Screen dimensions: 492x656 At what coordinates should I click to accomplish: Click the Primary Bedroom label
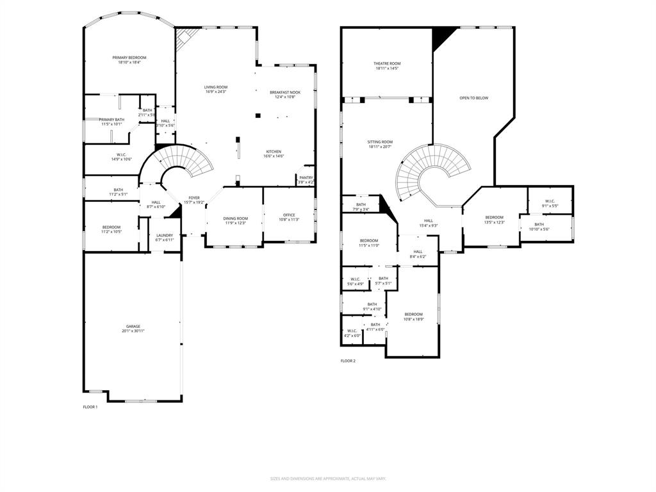pyautogui.click(x=129, y=58)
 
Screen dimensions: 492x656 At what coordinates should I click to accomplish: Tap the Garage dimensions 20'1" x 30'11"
pyautogui.click(x=133, y=331)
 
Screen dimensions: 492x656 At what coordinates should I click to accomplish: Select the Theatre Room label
pyautogui.click(x=387, y=63)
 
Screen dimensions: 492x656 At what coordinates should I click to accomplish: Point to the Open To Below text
pyautogui.click(x=473, y=98)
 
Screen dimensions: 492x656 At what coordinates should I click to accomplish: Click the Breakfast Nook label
pyautogui.click(x=284, y=92)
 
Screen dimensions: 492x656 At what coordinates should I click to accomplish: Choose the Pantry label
pyautogui.click(x=306, y=177)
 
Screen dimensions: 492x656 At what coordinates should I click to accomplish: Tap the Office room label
pyautogui.click(x=289, y=215)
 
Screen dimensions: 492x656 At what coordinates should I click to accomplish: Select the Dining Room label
pyautogui.click(x=235, y=218)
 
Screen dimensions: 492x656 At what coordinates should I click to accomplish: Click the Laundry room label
pyautogui.click(x=165, y=235)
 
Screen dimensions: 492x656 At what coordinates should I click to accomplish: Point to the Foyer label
pyautogui.click(x=194, y=198)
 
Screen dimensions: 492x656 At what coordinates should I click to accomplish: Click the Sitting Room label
pyautogui.click(x=380, y=142)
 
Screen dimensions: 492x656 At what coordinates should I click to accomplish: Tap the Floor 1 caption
pyautogui.click(x=90, y=407)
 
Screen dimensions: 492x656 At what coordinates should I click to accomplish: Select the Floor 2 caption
pyautogui.click(x=348, y=361)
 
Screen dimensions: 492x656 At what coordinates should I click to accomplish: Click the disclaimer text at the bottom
pyautogui.click(x=327, y=479)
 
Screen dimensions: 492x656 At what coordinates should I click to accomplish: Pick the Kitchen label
pyautogui.click(x=274, y=152)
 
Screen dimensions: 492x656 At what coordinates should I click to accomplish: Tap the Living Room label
pyautogui.click(x=216, y=87)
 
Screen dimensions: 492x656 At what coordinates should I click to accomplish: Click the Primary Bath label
pyautogui.click(x=111, y=119)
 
